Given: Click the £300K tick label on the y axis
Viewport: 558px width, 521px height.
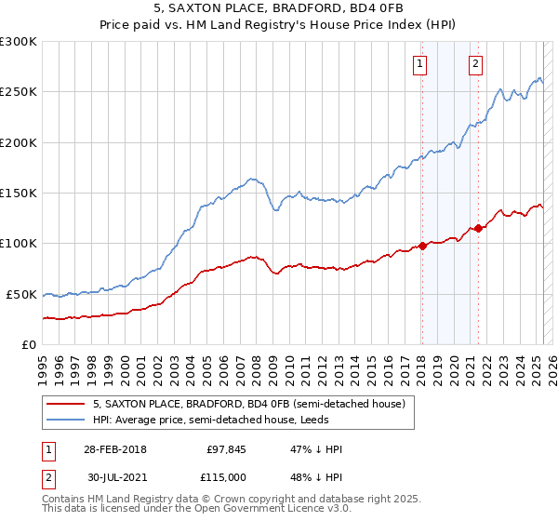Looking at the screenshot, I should click(x=19, y=42).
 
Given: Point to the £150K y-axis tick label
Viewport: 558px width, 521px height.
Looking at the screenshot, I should click(x=19, y=193).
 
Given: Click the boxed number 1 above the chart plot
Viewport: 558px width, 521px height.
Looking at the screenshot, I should click(x=420, y=64).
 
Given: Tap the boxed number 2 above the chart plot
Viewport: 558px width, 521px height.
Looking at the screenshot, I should click(x=475, y=64).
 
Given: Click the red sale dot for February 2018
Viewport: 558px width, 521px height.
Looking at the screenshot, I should click(x=421, y=246).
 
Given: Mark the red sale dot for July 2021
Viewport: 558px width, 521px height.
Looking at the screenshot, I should click(x=477, y=228).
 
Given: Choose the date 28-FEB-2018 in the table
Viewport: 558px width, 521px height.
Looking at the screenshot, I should click(x=114, y=449).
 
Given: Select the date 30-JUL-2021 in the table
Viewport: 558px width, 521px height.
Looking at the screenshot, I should click(x=114, y=477).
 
